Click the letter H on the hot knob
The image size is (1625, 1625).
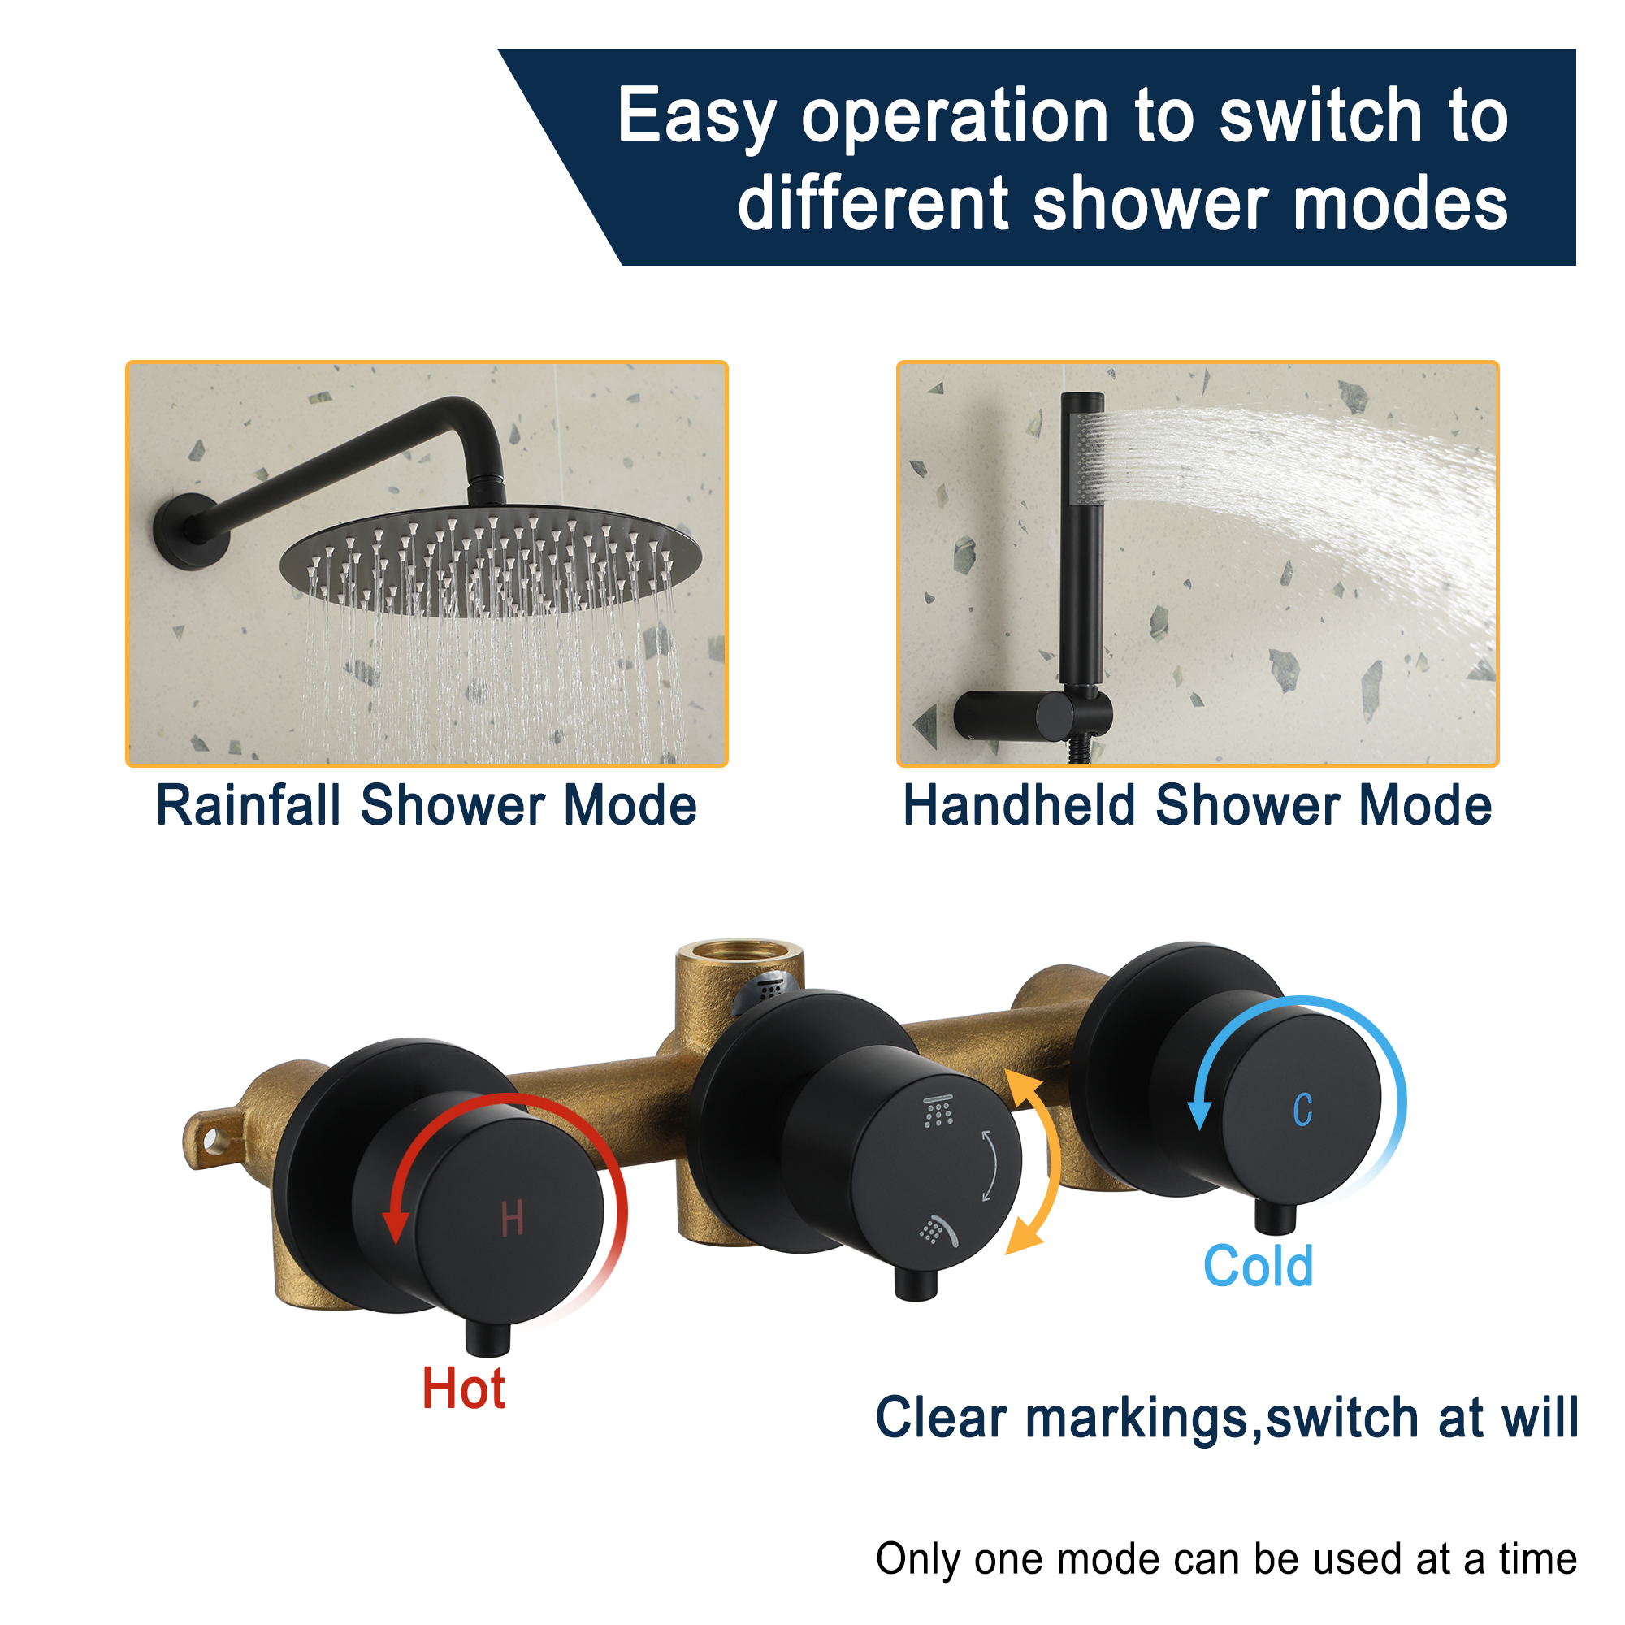pyautogui.click(x=512, y=1219)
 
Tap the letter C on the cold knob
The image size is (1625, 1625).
pyautogui.click(x=1302, y=1110)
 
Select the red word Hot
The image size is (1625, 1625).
pyautogui.click(x=463, y=1389)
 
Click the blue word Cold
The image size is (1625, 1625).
pyautogui.click(x=1258, y=1267)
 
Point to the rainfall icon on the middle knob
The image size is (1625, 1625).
pyautogui.click(x=938, y=1112)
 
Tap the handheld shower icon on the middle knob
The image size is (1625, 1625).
pyautogui.click(x=938, y=1230)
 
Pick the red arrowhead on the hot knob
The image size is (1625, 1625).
pyautogui.click(x=396, y=1227)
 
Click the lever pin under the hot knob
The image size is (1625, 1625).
pyautogui.click(x=487, y=1338)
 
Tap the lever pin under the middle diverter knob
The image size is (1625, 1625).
pyautogui.click(x=916, y=1284)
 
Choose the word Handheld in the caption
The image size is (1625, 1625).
pyautogui.click(x=1019, y=806)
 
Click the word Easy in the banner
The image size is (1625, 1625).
pyautogui.click(x=696, y=118)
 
